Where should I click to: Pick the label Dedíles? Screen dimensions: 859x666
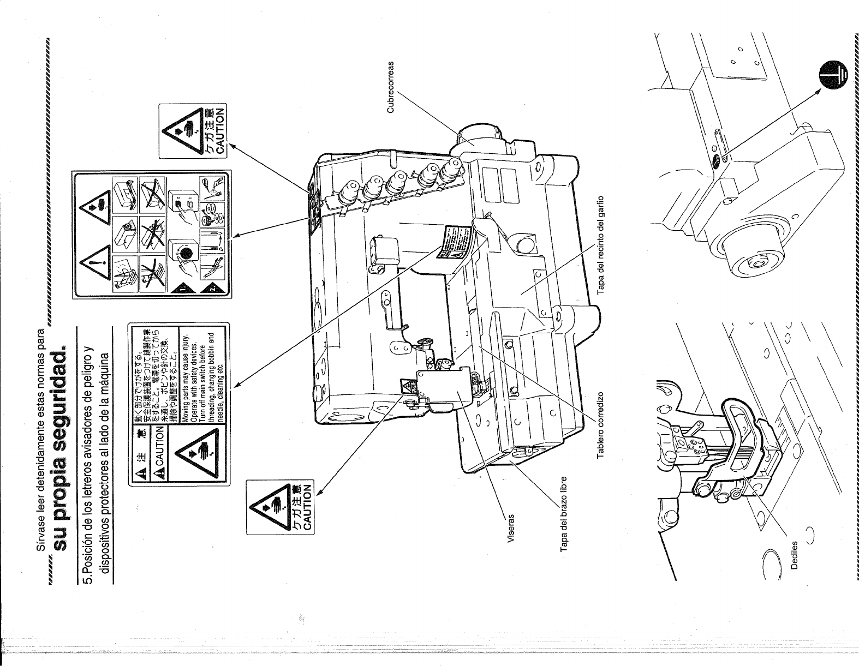795,555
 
